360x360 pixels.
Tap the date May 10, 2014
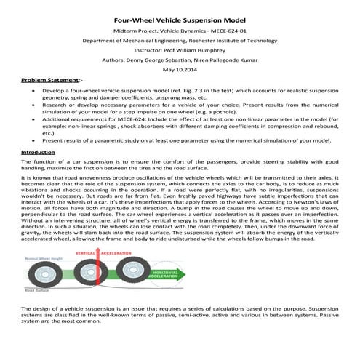click(180, 69)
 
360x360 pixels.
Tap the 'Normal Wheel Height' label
click(41, 258)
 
